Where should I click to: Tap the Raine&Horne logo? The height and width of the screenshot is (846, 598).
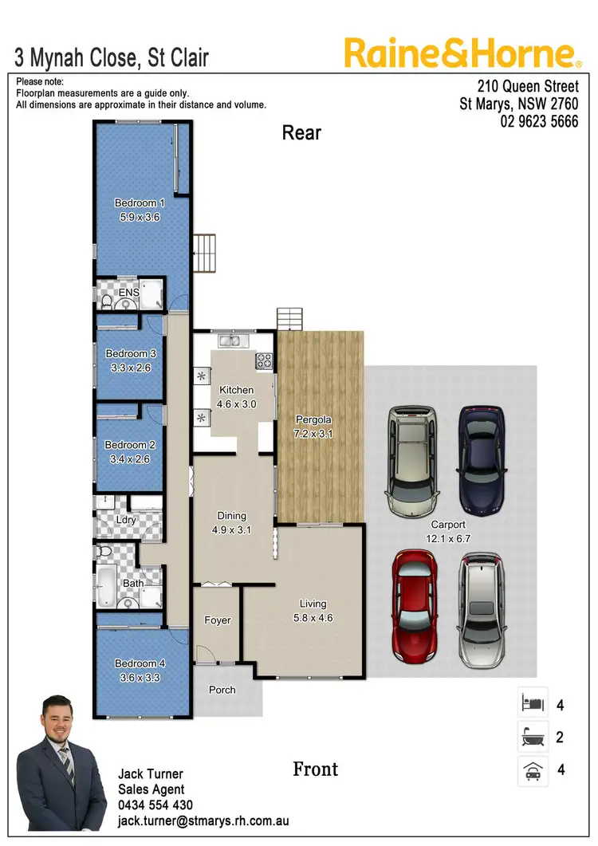pos(462,53)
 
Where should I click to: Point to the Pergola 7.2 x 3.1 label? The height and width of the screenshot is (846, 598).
pos(313,426)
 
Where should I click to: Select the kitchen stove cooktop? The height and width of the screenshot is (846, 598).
pos(263,361)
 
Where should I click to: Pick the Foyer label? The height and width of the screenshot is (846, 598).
pos(217,620)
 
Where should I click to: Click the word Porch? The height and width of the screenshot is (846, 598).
pos(222,690)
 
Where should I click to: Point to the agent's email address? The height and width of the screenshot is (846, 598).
pos(203,820)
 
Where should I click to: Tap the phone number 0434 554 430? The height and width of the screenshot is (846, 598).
pos(155,805)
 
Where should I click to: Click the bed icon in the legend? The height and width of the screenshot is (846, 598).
pos(533,704)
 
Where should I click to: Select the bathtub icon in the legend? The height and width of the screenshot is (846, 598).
pos(533,738)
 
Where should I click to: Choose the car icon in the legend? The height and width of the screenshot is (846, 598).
pos(533,770)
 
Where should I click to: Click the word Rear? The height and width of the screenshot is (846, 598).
pos(301,133)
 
